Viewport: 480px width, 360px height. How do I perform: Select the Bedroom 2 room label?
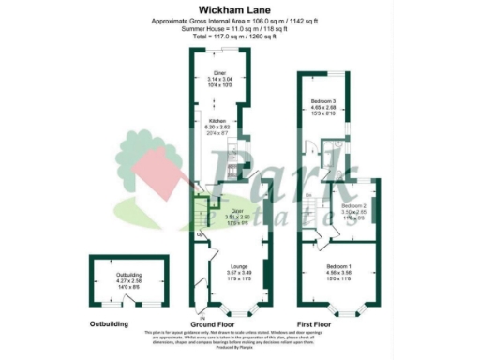[352, 205]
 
